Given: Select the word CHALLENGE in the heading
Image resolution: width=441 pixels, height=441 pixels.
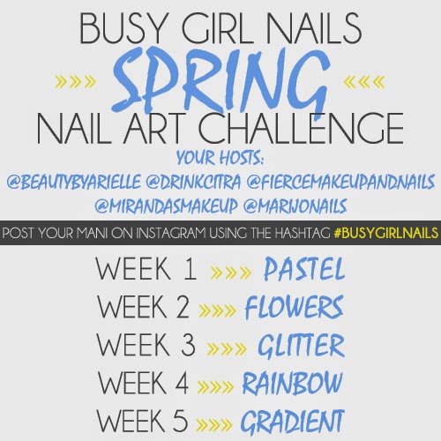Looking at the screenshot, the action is coord(301,129).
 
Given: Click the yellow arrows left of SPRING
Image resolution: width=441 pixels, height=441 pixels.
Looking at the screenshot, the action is coord(76,82).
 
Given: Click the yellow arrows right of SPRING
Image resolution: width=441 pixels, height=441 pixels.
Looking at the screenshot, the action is coord(364,82).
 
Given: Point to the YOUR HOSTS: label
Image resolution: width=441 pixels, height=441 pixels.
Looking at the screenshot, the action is coord(220,158).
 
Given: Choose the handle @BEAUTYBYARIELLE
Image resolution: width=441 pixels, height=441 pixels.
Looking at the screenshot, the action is coord(73,182).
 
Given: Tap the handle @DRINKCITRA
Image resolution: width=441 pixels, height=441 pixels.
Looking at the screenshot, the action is coord(193,182).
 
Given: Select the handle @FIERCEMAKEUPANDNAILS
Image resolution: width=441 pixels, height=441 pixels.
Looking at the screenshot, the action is coord(340,182).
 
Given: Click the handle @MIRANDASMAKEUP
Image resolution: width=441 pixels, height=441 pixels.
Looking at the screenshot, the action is coord(166,206).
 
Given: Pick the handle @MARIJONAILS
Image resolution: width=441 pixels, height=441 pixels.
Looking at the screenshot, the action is coord(295,206).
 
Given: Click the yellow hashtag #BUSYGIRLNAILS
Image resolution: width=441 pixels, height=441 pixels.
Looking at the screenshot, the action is coord(386,233).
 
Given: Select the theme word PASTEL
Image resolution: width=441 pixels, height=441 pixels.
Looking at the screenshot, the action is coord(304,269).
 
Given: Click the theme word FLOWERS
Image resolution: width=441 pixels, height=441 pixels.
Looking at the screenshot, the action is coord(295,307).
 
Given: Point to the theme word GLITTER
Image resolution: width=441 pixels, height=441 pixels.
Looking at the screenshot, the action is coord(301,345).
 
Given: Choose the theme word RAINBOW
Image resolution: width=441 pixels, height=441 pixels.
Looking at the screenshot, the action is coord(293,383).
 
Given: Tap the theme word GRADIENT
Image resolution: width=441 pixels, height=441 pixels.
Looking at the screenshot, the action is coord(292,421).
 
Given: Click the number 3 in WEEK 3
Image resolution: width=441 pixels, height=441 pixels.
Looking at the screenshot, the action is coord(188,344).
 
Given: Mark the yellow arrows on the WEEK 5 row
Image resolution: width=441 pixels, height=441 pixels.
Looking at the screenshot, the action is coord(214,424).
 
